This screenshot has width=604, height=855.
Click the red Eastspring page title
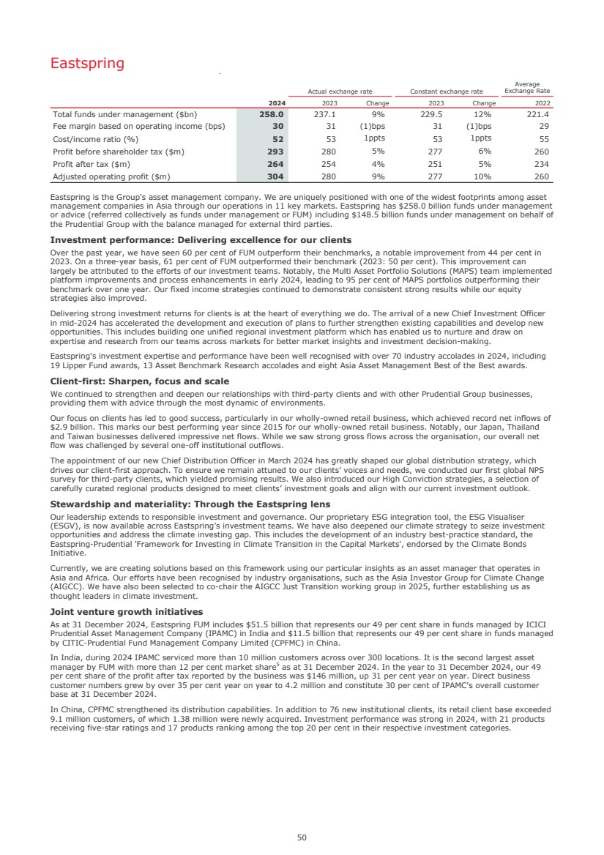click(87, 64)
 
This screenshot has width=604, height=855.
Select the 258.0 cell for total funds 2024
click(272, 114)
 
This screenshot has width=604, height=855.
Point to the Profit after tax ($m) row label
click(92, 163)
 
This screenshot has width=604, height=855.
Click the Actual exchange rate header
click(340, 92)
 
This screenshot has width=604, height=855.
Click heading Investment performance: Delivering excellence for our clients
click(201, 240)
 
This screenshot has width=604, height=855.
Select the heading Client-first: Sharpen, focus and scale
click(139, 381)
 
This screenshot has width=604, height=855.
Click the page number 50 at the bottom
click(302, 837)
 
